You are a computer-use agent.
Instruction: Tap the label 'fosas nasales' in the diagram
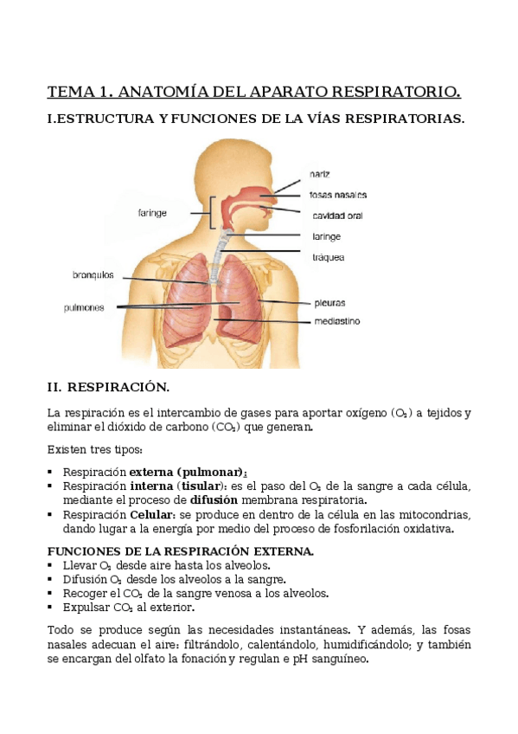(x=338, y=195)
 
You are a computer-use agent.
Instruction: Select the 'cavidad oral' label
(x=337, y=215)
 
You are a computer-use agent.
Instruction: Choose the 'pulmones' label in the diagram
(x=84, y=306)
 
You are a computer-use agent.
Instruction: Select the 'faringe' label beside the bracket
(x=152, y=212)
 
